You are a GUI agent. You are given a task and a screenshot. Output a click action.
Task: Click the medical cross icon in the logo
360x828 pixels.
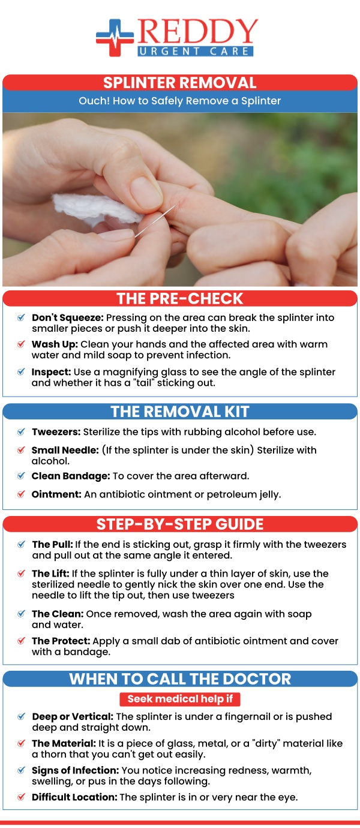pyautogui.click(x=115, y=38)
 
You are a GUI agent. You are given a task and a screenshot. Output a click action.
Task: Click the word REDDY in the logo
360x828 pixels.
pyautogui.click(x=198, y=31)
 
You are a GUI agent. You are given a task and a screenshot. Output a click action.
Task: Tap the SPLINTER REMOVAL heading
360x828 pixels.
pyautogui.click(x=180, y=82)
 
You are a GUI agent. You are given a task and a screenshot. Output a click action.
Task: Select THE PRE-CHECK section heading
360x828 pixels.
pyautogui.click(x=180, y=298)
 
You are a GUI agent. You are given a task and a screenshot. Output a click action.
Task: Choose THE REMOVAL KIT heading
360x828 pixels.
pyautogui.click(x=180, y=412)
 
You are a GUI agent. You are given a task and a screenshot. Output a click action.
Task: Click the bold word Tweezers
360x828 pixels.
pyautogui.click(x=56, y=431)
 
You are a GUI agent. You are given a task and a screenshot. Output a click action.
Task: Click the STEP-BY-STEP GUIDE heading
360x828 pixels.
pyautogui.click(x=180, y=524)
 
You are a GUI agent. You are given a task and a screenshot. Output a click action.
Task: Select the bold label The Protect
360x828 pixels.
pyautogui.click(x=61, y=641)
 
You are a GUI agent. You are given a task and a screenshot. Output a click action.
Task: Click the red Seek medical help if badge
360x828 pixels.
pyautogui.click(x=180, y=699)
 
